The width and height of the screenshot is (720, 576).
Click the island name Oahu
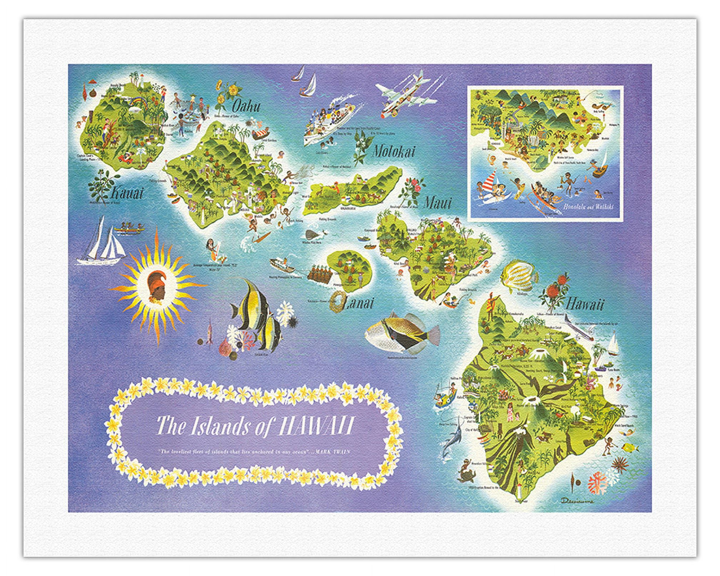246,106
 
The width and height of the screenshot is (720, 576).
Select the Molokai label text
393,152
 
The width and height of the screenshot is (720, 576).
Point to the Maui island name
437,203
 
